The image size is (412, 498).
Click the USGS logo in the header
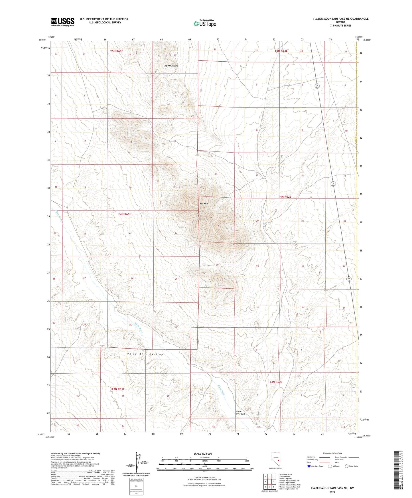point(63,22)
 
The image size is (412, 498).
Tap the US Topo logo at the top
point(205,23)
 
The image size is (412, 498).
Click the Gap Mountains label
point(171,66)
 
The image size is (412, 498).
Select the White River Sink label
point(240,413)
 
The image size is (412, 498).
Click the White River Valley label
point(145,355)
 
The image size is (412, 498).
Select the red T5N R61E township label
point(117,51)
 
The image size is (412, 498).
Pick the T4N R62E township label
point(285,197)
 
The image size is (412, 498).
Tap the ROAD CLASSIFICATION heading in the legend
point(332,453)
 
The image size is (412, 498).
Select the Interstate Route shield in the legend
point(309,466)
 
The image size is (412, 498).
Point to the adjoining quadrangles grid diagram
point(269,481)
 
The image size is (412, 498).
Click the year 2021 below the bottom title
point(332,492)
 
